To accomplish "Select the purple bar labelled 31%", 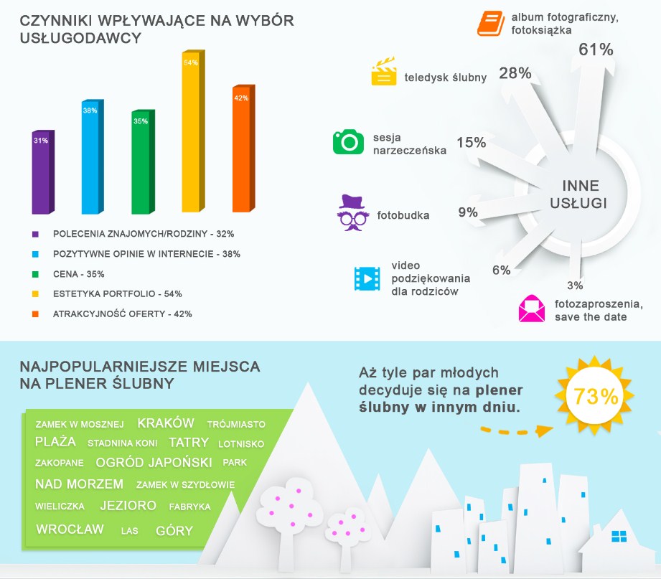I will coord(42,172).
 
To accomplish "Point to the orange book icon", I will coord(491,23).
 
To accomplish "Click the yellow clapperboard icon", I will coord(384,72).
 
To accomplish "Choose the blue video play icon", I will coord(366,278).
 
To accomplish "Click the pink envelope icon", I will coord(532,309).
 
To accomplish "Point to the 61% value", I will coord(596,50).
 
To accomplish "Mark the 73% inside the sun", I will coord(592,397).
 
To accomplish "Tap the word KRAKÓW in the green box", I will coord(166,423).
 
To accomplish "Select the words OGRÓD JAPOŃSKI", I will coord(154,462).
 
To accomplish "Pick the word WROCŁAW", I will coord(70,529).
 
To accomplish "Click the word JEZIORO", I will coord(128,506).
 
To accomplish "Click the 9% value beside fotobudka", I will coord(468,212).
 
